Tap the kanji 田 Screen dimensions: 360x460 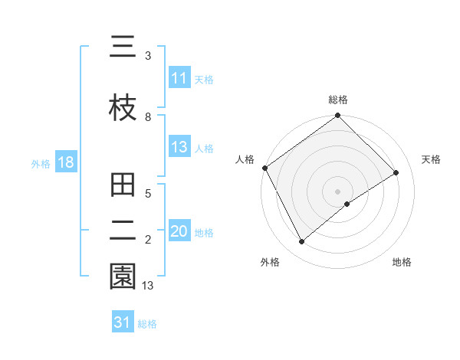click(123, 186)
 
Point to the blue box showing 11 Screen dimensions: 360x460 click(179, 78)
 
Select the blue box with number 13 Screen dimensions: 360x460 click(179, 148)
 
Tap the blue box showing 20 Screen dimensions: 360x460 click(179, 232)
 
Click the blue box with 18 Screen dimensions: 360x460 click(65, 163)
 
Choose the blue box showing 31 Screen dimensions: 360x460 click(122, 323)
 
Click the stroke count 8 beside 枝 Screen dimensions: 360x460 click(148, 116)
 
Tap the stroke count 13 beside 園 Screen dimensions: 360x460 click(148, 285)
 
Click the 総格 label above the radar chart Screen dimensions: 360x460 click(337, 100)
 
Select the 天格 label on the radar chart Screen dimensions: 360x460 click(431, 159)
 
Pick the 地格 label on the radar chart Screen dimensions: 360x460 click(402, 262)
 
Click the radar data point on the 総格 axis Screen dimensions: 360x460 click(337, 116)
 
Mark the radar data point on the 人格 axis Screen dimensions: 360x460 click(264, 168)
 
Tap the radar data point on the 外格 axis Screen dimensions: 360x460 click(302, 242)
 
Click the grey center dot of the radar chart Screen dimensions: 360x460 click(337, 191)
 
